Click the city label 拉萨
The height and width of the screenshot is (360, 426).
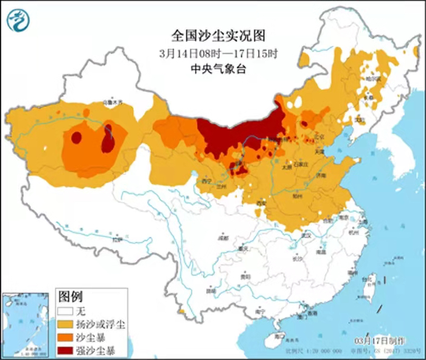[x=116, y=239]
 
